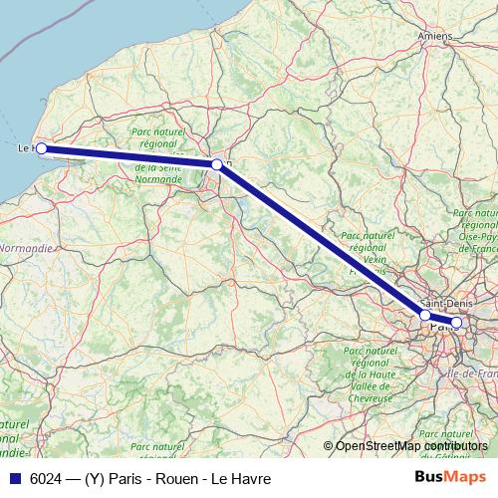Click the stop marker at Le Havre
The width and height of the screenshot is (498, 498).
(x=41, y=148)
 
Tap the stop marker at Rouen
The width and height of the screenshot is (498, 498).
(x=216, y=164)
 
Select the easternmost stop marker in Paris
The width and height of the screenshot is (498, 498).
(x=457, y=322)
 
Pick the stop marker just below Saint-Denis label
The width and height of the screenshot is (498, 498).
(x=425, y=315)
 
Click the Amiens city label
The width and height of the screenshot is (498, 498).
(x=435, y=36)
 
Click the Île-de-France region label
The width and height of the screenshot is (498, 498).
(x=474, y=373)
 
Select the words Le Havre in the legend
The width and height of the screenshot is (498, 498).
(x=245, y=478)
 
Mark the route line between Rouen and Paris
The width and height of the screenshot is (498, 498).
(x=319, y=239)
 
